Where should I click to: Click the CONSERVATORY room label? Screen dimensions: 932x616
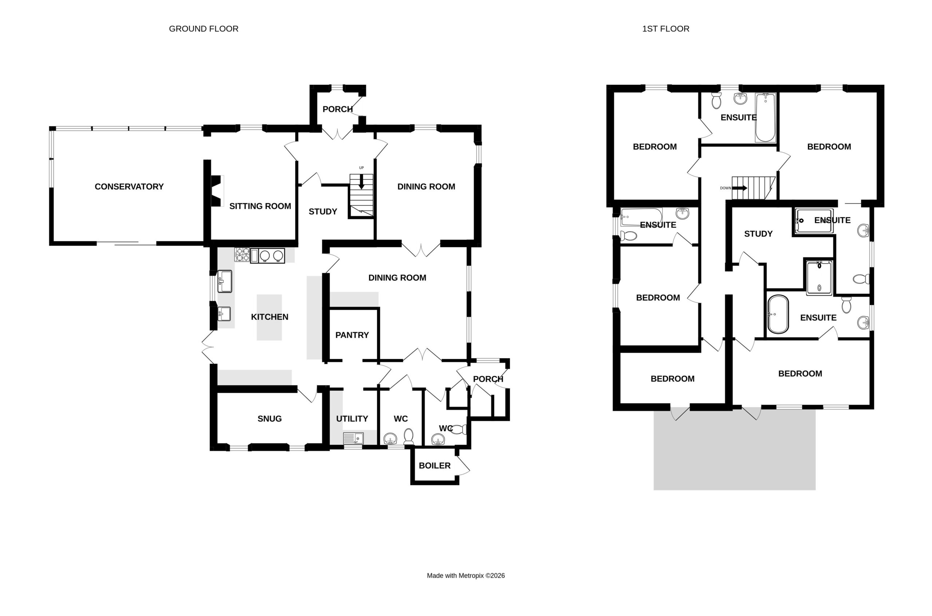point(129,187)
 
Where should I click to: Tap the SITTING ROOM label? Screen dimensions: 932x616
point(260,206)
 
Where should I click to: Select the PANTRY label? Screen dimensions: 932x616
point(352,335)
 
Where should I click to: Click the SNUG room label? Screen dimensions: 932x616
point(269,419)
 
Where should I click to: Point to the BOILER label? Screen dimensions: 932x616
point(435,465)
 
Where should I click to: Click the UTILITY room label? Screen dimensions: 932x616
point(352,419)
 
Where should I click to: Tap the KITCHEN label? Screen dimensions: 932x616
point(269,317)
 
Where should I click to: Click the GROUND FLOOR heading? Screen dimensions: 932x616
point(203,29)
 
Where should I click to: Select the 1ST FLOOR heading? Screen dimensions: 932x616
point(666,29)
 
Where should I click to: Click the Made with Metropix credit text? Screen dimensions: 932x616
point(466,576)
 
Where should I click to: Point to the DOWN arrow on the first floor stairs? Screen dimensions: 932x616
point(739,188)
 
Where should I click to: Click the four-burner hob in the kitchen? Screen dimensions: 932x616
point(242,255)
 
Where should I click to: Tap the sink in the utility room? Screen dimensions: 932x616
point(353,438)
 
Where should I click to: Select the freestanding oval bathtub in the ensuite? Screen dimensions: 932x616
point(778,314)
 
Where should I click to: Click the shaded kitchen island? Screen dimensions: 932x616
point(269,317)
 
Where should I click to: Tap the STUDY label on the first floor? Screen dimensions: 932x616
point(758,234)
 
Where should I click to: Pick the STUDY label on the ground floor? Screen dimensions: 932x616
point(323,212)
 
